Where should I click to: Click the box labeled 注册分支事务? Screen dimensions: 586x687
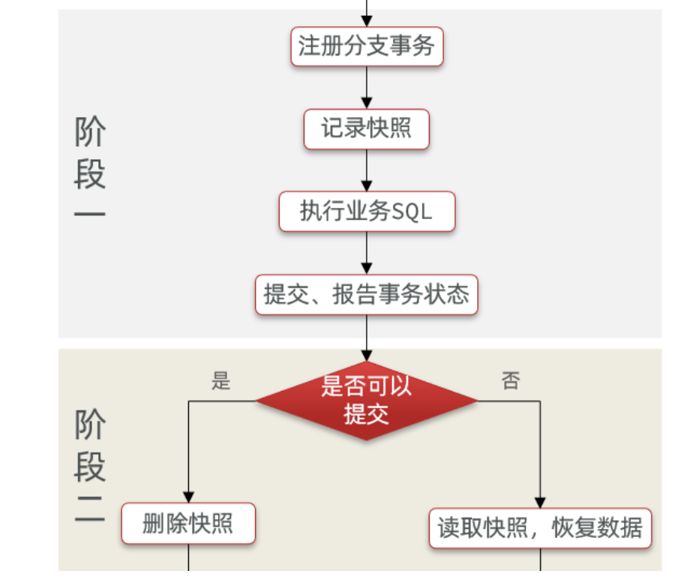click(367, 47)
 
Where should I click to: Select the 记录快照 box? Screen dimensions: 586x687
click(367, 129)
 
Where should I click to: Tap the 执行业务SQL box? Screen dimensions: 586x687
click(367, 212)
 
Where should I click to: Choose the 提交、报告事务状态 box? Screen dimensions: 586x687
click(367, 294)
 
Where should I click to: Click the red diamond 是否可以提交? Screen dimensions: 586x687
click(367, 400)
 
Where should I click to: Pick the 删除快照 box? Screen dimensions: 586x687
click(188, 524)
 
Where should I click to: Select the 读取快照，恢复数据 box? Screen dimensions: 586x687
click(540, 528)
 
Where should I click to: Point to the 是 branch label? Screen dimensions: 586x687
click(220, 381)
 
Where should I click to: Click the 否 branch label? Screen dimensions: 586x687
click(511, 381)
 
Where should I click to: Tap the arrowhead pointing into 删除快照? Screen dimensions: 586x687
click(188, 497)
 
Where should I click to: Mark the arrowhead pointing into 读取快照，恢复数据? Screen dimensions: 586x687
click(540, 503)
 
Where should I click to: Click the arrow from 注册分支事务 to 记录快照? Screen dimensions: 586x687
click(367, 87)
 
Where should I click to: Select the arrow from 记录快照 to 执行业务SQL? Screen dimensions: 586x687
click(367, 170)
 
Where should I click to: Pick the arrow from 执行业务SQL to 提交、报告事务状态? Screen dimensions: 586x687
click(367, 252)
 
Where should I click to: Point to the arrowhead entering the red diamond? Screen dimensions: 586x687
click(367, 355)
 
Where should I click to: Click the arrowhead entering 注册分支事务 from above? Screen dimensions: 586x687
click(367, 22)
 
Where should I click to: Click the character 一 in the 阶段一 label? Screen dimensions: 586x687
click(90, 214)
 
